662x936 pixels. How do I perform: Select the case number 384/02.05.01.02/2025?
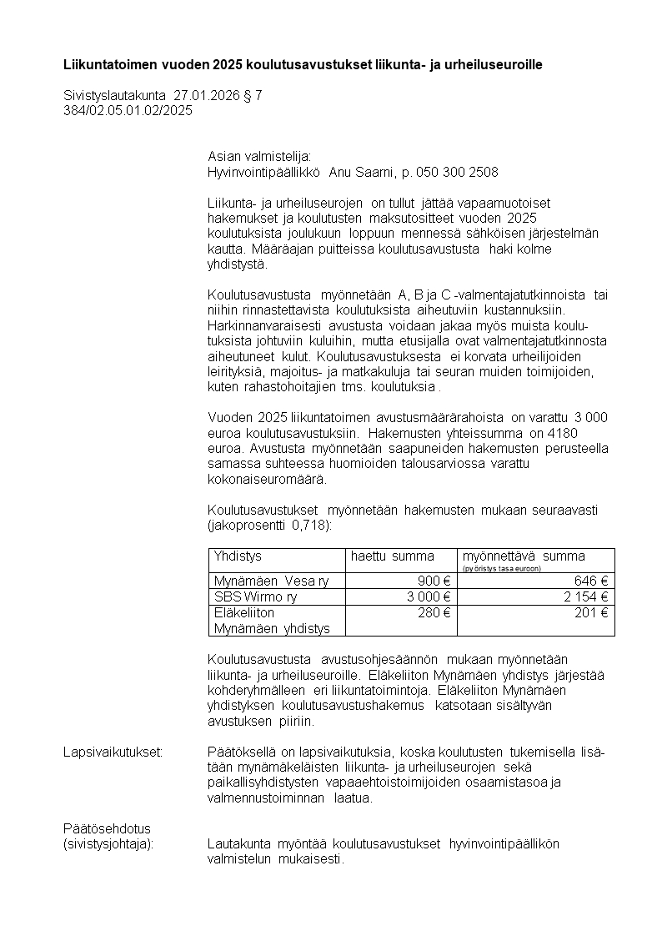tap(128, 110)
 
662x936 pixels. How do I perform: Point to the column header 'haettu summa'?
tap(392, 556)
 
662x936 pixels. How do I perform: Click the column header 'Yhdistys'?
tap(238, 556)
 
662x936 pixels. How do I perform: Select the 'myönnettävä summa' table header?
tap(524, 556)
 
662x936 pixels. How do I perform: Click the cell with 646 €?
tap(590, 581)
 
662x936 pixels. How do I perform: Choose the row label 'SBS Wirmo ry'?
tap(255, 596)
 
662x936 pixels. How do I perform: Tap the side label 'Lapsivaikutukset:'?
tap(113, 752)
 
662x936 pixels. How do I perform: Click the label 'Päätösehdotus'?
tap(107, 828)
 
